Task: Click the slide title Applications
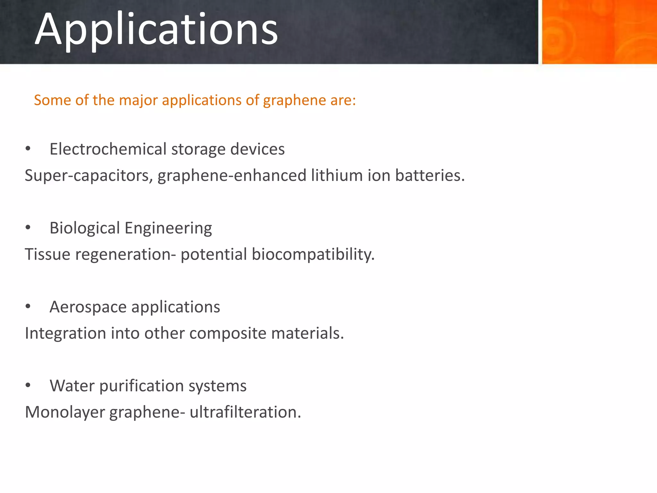(156, 30)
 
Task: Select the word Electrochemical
(108, 149)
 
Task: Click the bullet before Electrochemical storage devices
(28, 149)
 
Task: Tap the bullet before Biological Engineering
(28, 228)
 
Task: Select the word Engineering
(168, 229)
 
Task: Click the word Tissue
(47, 255)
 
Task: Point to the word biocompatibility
(313, 255)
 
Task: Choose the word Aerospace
(88, 307)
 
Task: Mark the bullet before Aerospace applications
(28, 307)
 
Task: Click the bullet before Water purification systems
(28, 386)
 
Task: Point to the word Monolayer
(65, 412)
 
